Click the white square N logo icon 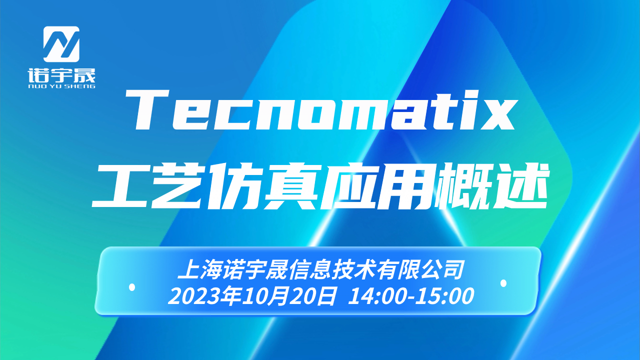61,44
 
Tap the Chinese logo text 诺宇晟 61,75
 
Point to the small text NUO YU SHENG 61,86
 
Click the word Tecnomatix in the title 321,110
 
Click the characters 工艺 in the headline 148,185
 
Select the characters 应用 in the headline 376,185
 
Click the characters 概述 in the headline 490,185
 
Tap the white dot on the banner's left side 132,287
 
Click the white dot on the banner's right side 503,283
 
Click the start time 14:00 376,296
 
